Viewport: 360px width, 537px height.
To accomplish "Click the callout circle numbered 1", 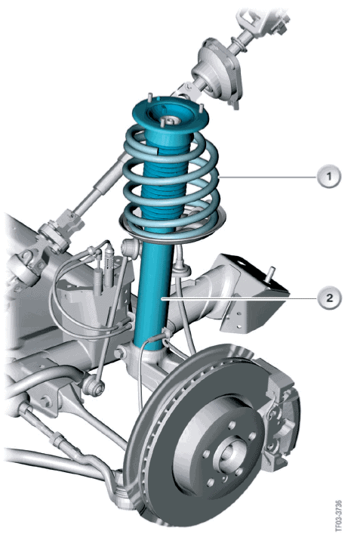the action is (x=329, y=177).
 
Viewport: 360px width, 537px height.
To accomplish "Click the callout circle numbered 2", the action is (x=329, y=298).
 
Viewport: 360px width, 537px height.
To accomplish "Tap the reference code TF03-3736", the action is (x=338, y=514).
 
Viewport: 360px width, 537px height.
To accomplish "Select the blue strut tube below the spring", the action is (x=153, y=295).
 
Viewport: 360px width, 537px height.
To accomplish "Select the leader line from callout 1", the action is (x=267, y=177).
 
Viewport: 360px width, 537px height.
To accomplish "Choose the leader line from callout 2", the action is (x=239, y=298).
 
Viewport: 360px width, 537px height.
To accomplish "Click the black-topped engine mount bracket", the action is (x=254, y=295).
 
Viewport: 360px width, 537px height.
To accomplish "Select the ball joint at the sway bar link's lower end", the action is (x=94, y=386).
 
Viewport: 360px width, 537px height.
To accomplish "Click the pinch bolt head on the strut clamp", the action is (x=120, y=353).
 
